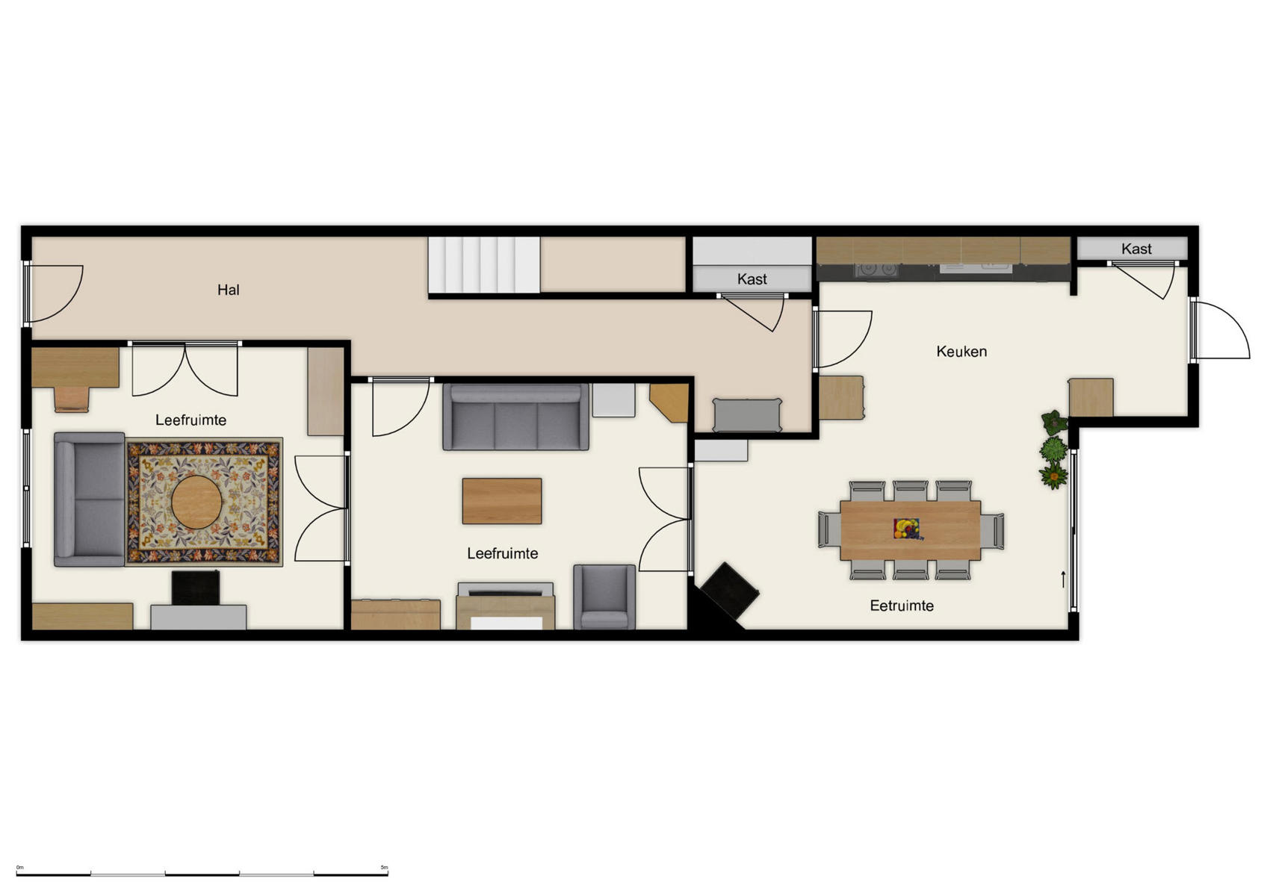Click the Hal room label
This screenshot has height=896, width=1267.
[x=228, y=290]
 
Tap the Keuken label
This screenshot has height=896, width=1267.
[x=961, y=351]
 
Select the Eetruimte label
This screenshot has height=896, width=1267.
[x=901, y=606]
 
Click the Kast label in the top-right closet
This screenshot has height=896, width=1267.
[x=1136, y=249]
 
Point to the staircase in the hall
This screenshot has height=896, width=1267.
[x=483, y=264]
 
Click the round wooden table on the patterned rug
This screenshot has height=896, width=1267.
[x=196, y=503]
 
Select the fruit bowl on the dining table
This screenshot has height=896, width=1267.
[x=907, y=529]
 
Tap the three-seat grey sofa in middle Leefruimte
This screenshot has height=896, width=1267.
[x=515, y=417]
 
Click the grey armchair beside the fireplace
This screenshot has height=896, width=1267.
[x=604, y=597]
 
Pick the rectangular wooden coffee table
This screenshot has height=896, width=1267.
[x=501, y=501]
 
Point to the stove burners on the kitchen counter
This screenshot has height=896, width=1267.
[x=877, y=268]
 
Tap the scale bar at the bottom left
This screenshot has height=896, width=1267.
[x=202, y=872]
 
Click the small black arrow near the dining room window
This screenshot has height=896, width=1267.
[x=1063, y=579]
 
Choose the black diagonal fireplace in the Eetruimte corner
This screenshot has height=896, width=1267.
[x=728, y=592]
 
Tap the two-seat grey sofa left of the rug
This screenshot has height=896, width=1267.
[x=89, y=499]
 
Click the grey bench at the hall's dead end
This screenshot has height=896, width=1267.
[x=746, y=415]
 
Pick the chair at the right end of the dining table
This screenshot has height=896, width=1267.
[x=993, y=530]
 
